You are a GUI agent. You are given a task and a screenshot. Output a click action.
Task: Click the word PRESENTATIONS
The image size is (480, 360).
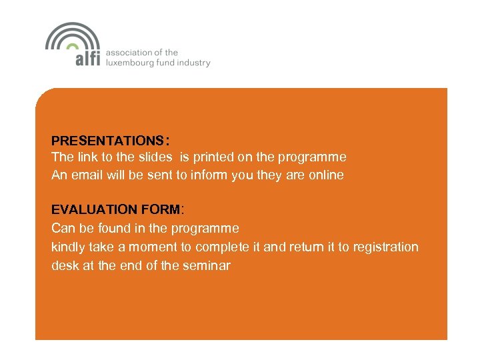click(x=107, y=141)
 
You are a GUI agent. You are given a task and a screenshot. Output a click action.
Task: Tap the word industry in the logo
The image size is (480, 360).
click(x=195, y=63)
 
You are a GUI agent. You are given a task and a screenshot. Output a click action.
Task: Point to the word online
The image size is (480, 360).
click(x=325, y=175)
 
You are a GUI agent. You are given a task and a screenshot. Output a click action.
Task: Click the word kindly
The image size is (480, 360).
click(x=69, y=247)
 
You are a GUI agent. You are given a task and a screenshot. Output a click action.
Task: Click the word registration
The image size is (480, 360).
click(x=386, y=247)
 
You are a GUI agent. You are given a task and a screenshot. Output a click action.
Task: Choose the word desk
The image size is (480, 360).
click(x=65, y=265)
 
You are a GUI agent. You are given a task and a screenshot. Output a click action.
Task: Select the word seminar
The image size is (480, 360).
click(x=207, y=265)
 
